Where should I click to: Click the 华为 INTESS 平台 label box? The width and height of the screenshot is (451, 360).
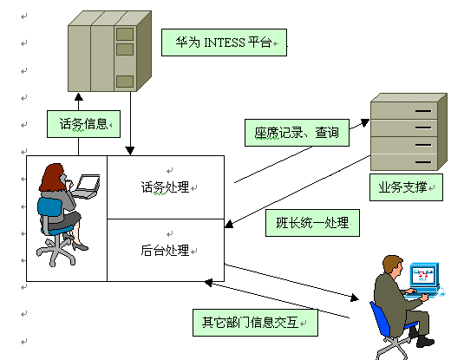[224, 43]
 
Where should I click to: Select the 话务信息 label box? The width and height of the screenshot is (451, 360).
[83, 124]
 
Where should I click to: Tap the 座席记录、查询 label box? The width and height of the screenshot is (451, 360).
[297, 133]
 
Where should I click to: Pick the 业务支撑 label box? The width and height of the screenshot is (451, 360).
[406, 187]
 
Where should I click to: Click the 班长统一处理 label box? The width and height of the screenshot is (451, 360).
[312, 223]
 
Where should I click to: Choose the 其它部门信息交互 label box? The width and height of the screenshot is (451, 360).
[255, 323]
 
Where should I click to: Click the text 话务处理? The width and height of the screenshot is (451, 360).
[165, 187]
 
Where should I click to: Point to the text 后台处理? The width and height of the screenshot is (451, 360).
[165, 250]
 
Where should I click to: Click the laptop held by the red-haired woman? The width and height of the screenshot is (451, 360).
[87, 186]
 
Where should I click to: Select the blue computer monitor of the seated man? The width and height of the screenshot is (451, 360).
[424, 275]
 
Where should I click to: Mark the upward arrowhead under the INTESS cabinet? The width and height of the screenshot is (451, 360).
[79, 97]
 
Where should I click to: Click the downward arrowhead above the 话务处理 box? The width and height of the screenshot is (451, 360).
[130, 151]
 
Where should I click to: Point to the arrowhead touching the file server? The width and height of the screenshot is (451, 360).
[365, 122]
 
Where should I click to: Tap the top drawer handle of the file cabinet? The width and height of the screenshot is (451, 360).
[423, 111]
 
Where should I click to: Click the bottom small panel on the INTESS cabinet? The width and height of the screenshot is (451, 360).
[125, 82]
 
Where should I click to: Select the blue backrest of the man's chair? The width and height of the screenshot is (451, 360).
[379, 318]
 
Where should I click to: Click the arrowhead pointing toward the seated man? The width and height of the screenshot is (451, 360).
[355, 298]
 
